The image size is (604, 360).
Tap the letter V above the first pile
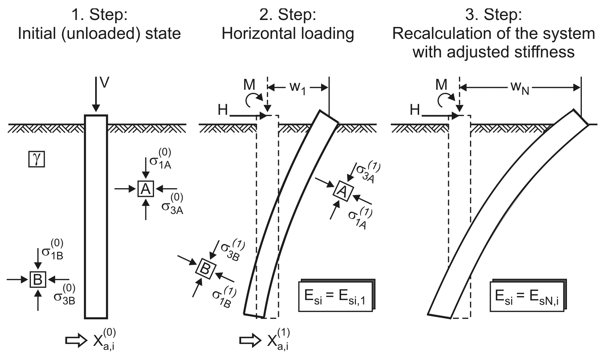point(104,83)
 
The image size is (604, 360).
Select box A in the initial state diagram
point(146,189)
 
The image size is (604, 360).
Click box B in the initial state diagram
point(38,279)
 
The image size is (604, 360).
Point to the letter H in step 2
point(222,110)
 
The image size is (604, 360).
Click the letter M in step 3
point(441,85)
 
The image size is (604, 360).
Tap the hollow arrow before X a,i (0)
point(76,341)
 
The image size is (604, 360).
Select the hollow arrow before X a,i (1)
point(250,341)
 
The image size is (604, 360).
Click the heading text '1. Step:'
point(99,15)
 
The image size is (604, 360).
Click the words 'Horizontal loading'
point(288,33)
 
